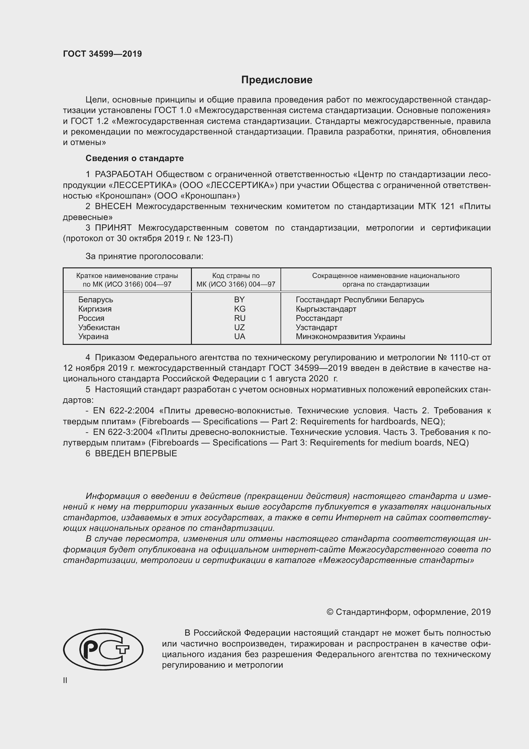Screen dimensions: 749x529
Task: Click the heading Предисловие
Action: tap(277, 80)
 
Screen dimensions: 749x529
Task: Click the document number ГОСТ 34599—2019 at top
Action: tap(102, 54)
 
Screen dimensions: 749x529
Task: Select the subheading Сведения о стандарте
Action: tap(135, 158)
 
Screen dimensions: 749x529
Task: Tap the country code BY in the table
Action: tap(240, 299)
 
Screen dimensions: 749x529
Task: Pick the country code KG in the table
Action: tap(240, 309)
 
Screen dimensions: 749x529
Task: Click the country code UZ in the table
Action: tap(240, 327)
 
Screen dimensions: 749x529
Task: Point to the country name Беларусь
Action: tap(95, 299)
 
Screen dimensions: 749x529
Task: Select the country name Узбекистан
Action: tap(99, 327)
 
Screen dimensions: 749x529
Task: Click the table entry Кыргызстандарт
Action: tap(326, 309)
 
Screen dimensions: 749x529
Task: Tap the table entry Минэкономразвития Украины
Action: tap(350, 336)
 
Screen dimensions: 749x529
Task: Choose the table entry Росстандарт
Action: tap(319, 318)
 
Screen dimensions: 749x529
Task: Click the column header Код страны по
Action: tap(236, 276)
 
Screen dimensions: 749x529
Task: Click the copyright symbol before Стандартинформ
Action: tap(330, 612)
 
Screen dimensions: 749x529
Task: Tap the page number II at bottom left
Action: tap(65, 680)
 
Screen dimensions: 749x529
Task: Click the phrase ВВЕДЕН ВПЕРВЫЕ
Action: tap(136, 453)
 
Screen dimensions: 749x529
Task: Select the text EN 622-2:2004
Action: tap(122, 411)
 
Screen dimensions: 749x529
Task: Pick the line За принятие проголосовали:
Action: tap(144, 256)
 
